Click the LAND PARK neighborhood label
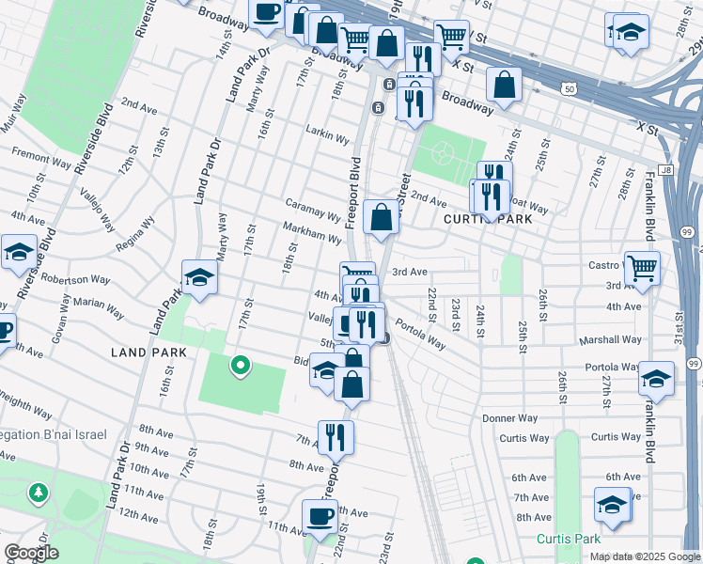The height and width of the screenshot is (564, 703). [148, 352]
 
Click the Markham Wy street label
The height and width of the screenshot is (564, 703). [312, 232]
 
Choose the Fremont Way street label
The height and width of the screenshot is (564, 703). [40, 156]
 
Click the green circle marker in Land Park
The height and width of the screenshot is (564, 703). [241, 366]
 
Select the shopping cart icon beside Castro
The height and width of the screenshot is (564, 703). [642, 269]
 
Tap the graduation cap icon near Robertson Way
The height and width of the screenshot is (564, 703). [199, 277]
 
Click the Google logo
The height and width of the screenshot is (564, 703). [31, 553]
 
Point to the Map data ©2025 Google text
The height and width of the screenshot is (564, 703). [644, 556]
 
